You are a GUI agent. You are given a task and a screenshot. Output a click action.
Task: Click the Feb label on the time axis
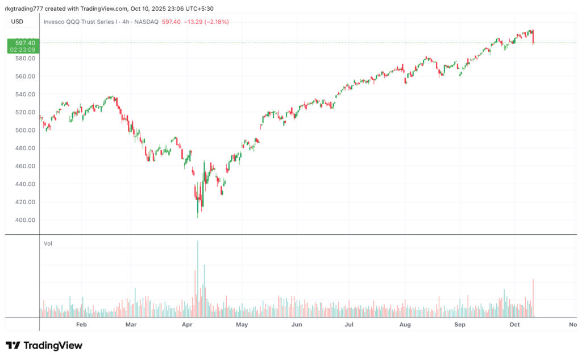pos(81,325)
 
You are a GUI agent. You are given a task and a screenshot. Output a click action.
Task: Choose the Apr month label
pos(188,325)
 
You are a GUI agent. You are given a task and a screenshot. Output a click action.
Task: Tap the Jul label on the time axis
pos(349,325)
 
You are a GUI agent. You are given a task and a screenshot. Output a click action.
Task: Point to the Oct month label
pos(514,325)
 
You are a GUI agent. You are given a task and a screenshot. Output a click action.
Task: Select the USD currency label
pos(17,22)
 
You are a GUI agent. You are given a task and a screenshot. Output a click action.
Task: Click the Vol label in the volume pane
pos(48,243)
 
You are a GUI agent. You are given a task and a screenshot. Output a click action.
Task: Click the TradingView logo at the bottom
pos(44,345)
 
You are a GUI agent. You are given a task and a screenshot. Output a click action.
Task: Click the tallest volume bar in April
pos(198,279)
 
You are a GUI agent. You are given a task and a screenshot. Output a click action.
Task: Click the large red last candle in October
pos(533,38)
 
